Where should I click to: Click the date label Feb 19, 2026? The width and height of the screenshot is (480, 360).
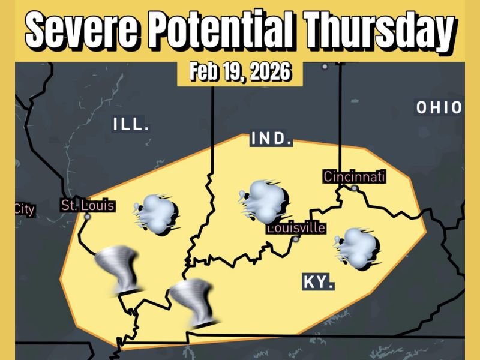tap(240, 73)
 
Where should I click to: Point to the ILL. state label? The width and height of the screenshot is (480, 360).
tap(130, 125)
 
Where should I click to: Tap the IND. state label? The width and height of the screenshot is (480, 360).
tap(271, 140)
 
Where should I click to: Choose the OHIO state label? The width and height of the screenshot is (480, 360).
tap(439, 108)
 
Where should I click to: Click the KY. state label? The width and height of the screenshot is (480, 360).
tap(318, 282)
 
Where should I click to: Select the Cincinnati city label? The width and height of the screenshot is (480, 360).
tap(354, 176)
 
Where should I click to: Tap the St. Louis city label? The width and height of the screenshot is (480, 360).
tap(88, 205)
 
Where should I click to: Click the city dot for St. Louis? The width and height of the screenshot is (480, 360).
tap(88, 217)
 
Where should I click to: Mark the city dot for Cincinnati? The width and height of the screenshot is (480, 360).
tap(355, 188)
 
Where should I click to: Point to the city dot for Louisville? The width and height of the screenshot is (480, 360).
tap(296, 239)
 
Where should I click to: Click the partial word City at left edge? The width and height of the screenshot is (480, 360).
tap(25, 210)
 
